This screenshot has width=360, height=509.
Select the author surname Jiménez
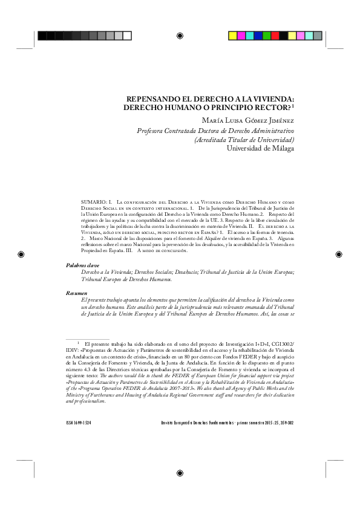click(x=278, y=120)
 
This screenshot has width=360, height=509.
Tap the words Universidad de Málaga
click(x=260, y=148)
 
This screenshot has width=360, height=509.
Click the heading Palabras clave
click(x=82, y=265)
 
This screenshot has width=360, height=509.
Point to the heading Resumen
click(x=77, y=293)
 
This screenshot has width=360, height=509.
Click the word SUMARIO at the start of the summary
click(x=93, y=199)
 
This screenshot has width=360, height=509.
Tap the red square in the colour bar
click(x=275, y=36)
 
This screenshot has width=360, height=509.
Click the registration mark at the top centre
click(x=180, y=36)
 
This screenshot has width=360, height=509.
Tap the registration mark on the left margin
click(x=21, y=254)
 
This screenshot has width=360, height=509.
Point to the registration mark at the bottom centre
click(x=180, y=473)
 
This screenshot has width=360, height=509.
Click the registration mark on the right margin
click(x=339, y=254)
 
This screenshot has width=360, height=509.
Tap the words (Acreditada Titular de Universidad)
click(x=252, y=139)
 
